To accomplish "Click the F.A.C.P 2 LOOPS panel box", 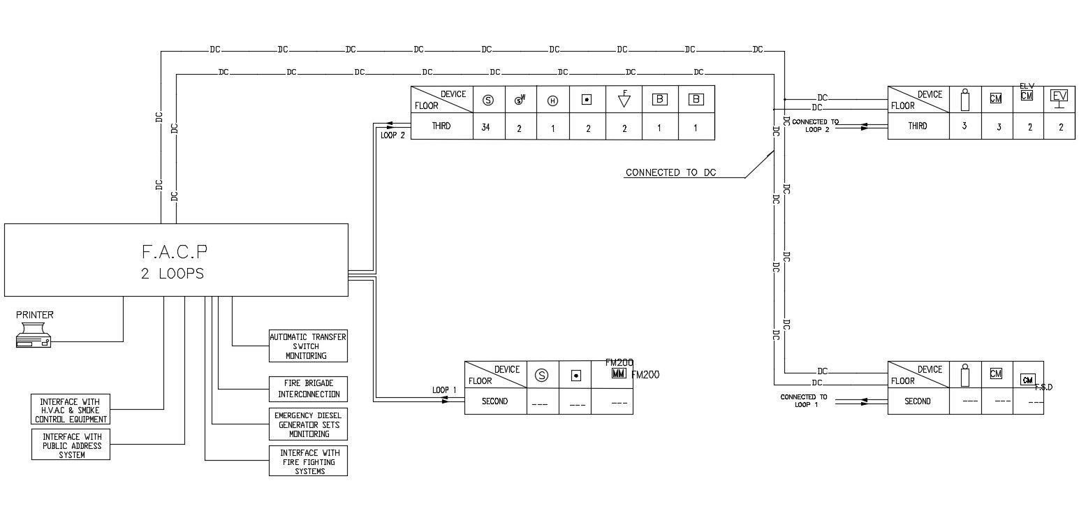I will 176,260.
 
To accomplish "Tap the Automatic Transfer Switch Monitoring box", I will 308,346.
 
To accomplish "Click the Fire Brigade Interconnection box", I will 308,389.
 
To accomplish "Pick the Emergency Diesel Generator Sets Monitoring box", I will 308,424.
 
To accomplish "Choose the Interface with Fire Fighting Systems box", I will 308,461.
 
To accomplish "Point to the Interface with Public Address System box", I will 71,445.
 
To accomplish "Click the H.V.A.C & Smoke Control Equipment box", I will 71,410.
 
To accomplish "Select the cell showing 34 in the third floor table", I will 489,127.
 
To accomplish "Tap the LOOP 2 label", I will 392,135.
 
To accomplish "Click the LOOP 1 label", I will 444,390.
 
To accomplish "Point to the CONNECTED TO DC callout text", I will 670,172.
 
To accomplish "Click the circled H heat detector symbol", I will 552,101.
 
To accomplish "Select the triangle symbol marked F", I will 624,101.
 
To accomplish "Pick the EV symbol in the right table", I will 1059,98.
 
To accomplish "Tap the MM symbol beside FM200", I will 618,374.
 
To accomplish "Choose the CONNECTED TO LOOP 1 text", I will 803,401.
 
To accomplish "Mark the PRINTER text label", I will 35,315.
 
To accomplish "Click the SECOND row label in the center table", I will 495,401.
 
